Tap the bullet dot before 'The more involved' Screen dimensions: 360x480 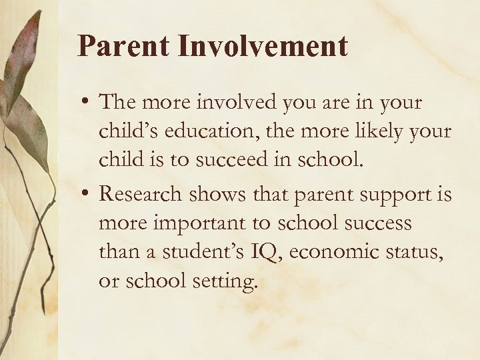85,104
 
